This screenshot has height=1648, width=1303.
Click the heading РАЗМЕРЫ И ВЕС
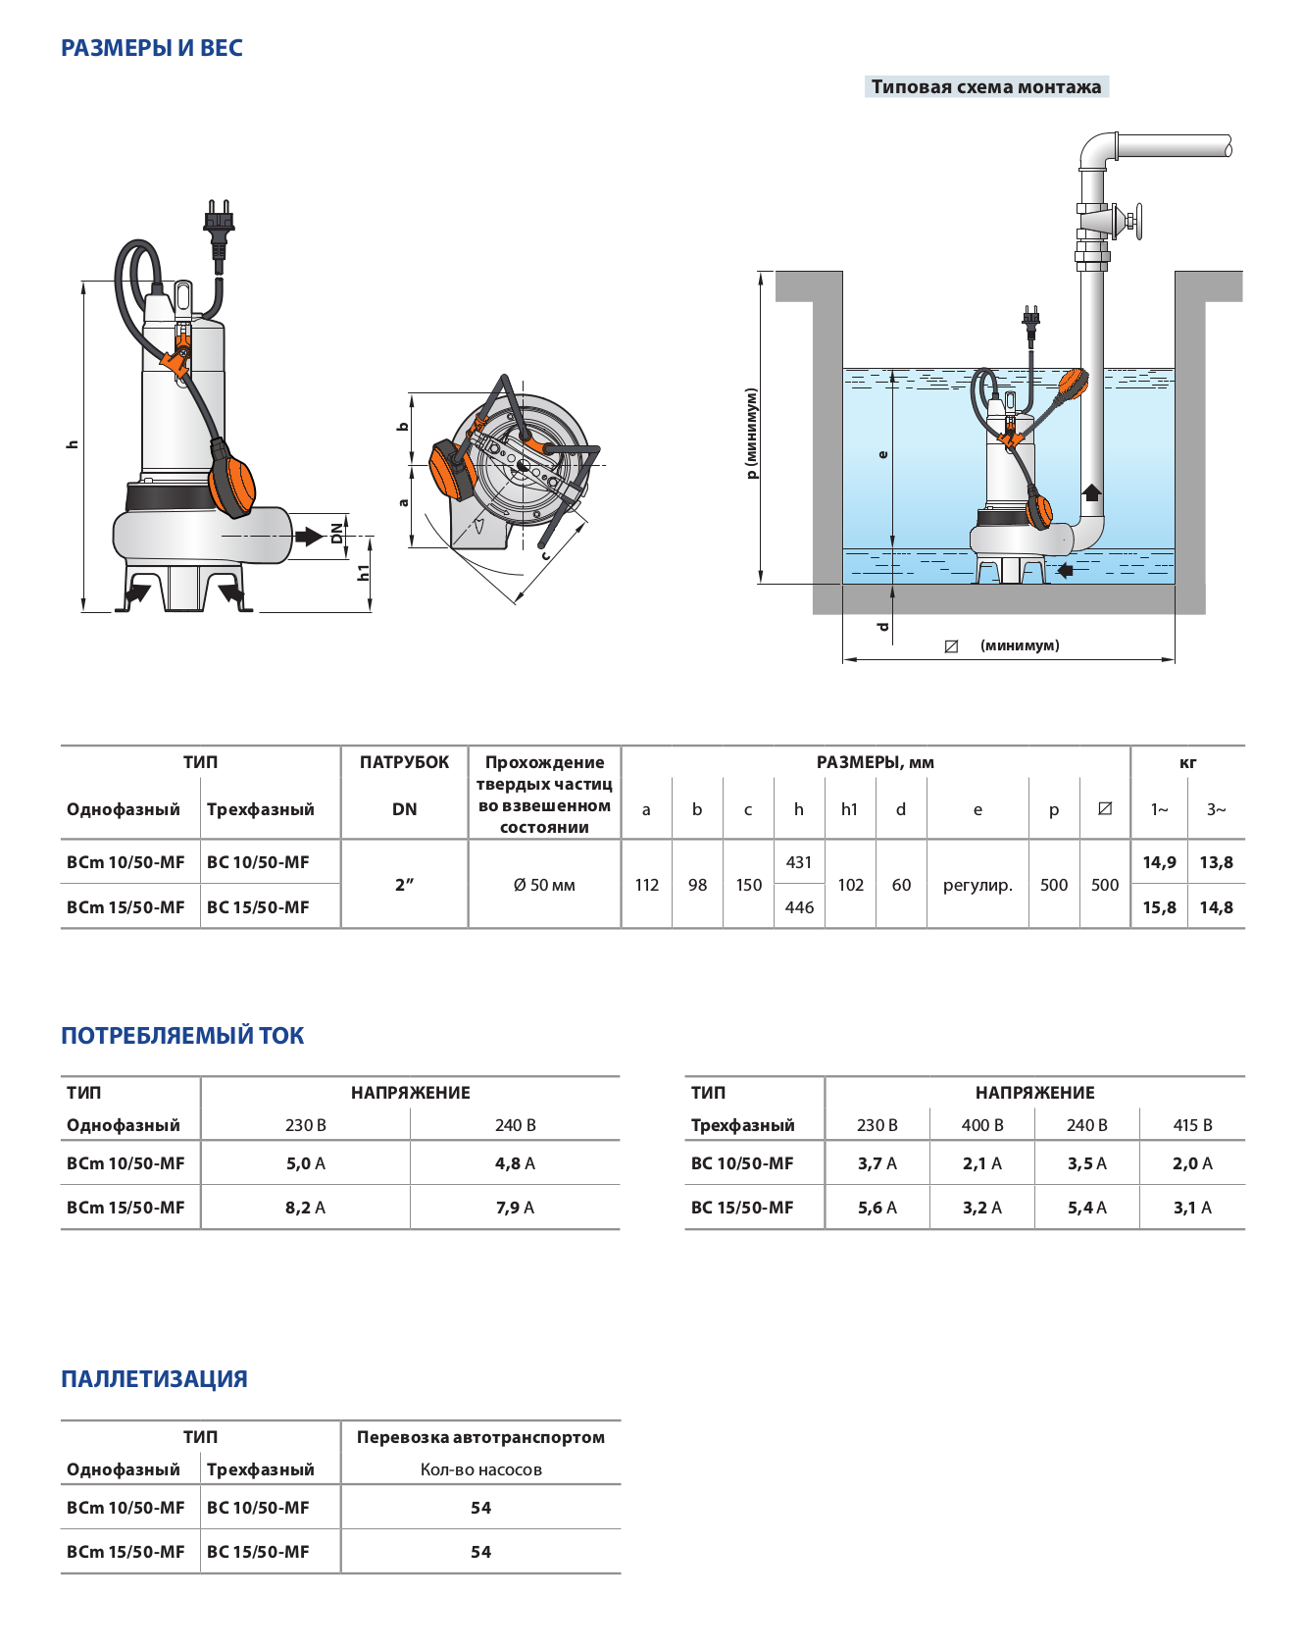tap(152, 48)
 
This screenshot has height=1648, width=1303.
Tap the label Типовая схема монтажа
tap(985, 87)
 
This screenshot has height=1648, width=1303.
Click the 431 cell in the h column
tap(799, 862)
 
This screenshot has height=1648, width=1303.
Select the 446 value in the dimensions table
tap(799, 907)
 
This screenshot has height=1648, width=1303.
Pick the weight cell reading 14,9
tap(1159, 862)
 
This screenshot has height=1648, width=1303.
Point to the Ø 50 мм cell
tap(544, 885)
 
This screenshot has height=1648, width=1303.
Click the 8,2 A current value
tap(305, 1208)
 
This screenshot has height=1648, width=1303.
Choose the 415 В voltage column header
tap(1192, 1125)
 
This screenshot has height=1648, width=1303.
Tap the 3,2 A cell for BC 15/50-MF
tap(981, 1208)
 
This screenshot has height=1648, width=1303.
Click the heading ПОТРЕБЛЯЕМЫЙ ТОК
tap(182, 1036)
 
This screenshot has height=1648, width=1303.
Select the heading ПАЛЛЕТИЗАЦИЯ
tap(154, 1379)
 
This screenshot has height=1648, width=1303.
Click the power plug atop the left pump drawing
tap(219, 221)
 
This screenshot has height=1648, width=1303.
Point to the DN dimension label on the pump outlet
tap(337, 533)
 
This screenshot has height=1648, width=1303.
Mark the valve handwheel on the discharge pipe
tap(1137, 221)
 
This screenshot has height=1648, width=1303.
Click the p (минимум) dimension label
tap(752, 434)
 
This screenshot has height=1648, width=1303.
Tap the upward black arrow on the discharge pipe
tap(1091, 491)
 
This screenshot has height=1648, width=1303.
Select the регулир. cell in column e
tap(977, 885)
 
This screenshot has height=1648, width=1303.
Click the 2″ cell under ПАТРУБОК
tap(404, 885)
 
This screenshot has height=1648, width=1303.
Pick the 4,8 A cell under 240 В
tap(515, 1163)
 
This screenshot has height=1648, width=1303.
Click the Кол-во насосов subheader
tap(480, 1469)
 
